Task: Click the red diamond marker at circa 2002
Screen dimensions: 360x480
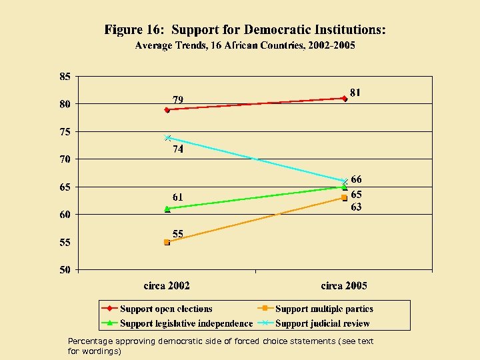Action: pos(167,109)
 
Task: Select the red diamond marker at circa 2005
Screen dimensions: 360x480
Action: pos(344,98)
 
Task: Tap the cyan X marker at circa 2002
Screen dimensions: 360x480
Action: pos(167,137)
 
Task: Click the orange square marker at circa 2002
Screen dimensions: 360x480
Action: pos(167,242)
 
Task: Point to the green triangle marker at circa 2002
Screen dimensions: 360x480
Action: pos(167,209)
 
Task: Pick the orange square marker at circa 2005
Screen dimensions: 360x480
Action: pos(344,197)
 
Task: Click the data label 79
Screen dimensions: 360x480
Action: pos(179,99)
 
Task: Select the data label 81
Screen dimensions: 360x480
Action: pos(356,93)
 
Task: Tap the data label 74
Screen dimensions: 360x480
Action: pos(178,149)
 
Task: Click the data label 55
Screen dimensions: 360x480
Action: pos(179,233)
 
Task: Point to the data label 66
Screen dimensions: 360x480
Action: pos(357,179)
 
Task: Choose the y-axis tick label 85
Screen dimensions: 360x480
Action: pos(65,76)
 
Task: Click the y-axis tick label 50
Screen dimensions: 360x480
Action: pos(65,270)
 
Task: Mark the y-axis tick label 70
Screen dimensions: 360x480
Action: pos(65,159)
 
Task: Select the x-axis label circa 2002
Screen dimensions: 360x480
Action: pos(167,286)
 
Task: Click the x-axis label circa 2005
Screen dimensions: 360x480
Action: pos(344,286)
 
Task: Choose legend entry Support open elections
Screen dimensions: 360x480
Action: pos(166,309)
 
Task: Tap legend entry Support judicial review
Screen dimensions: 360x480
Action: pos(323,323)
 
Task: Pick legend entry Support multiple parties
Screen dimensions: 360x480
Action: pos(324,309)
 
